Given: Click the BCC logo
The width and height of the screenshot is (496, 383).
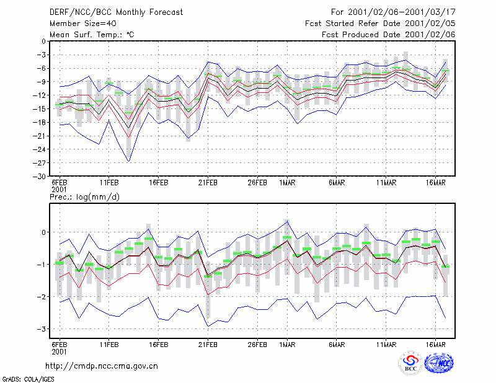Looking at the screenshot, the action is coord(410,363).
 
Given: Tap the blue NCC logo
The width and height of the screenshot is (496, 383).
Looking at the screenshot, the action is coord(439,363).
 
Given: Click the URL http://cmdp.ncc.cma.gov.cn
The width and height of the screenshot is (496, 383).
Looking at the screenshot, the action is coord(102,366).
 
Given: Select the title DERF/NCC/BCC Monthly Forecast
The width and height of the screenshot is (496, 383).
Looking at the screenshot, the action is coord(116,12).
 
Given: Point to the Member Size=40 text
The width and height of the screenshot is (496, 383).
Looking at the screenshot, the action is coord(83,24).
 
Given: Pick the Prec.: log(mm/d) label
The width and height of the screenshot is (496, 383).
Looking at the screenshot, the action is coord(84,197).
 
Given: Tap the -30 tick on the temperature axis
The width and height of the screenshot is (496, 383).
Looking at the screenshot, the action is coord(39,177).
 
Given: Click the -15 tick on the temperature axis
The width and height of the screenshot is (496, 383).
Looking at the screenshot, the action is coord(39,109).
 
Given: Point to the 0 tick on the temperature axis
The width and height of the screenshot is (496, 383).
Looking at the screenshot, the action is coord(43,42).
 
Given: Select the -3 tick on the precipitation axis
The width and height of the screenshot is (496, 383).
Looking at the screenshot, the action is coord(41,329).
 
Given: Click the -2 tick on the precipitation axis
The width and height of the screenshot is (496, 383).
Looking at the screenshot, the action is coord(41,297).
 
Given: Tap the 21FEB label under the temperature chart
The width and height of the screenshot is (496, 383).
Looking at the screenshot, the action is coord(208,183).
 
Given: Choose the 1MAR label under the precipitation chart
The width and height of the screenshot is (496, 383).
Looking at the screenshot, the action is coord(287,345).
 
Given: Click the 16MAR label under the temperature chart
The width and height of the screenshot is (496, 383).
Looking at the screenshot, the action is coord(436,183).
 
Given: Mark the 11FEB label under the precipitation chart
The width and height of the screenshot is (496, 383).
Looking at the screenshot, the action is coord(109,345).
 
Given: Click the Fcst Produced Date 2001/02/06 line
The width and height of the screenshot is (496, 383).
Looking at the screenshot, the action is coord(389,35).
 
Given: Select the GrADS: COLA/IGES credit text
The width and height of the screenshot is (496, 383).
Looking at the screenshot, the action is coord(28,379).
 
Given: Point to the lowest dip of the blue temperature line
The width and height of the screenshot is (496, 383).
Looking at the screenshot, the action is coord(129,162).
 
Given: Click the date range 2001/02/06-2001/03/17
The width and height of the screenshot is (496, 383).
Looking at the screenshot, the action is coord(402,12).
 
